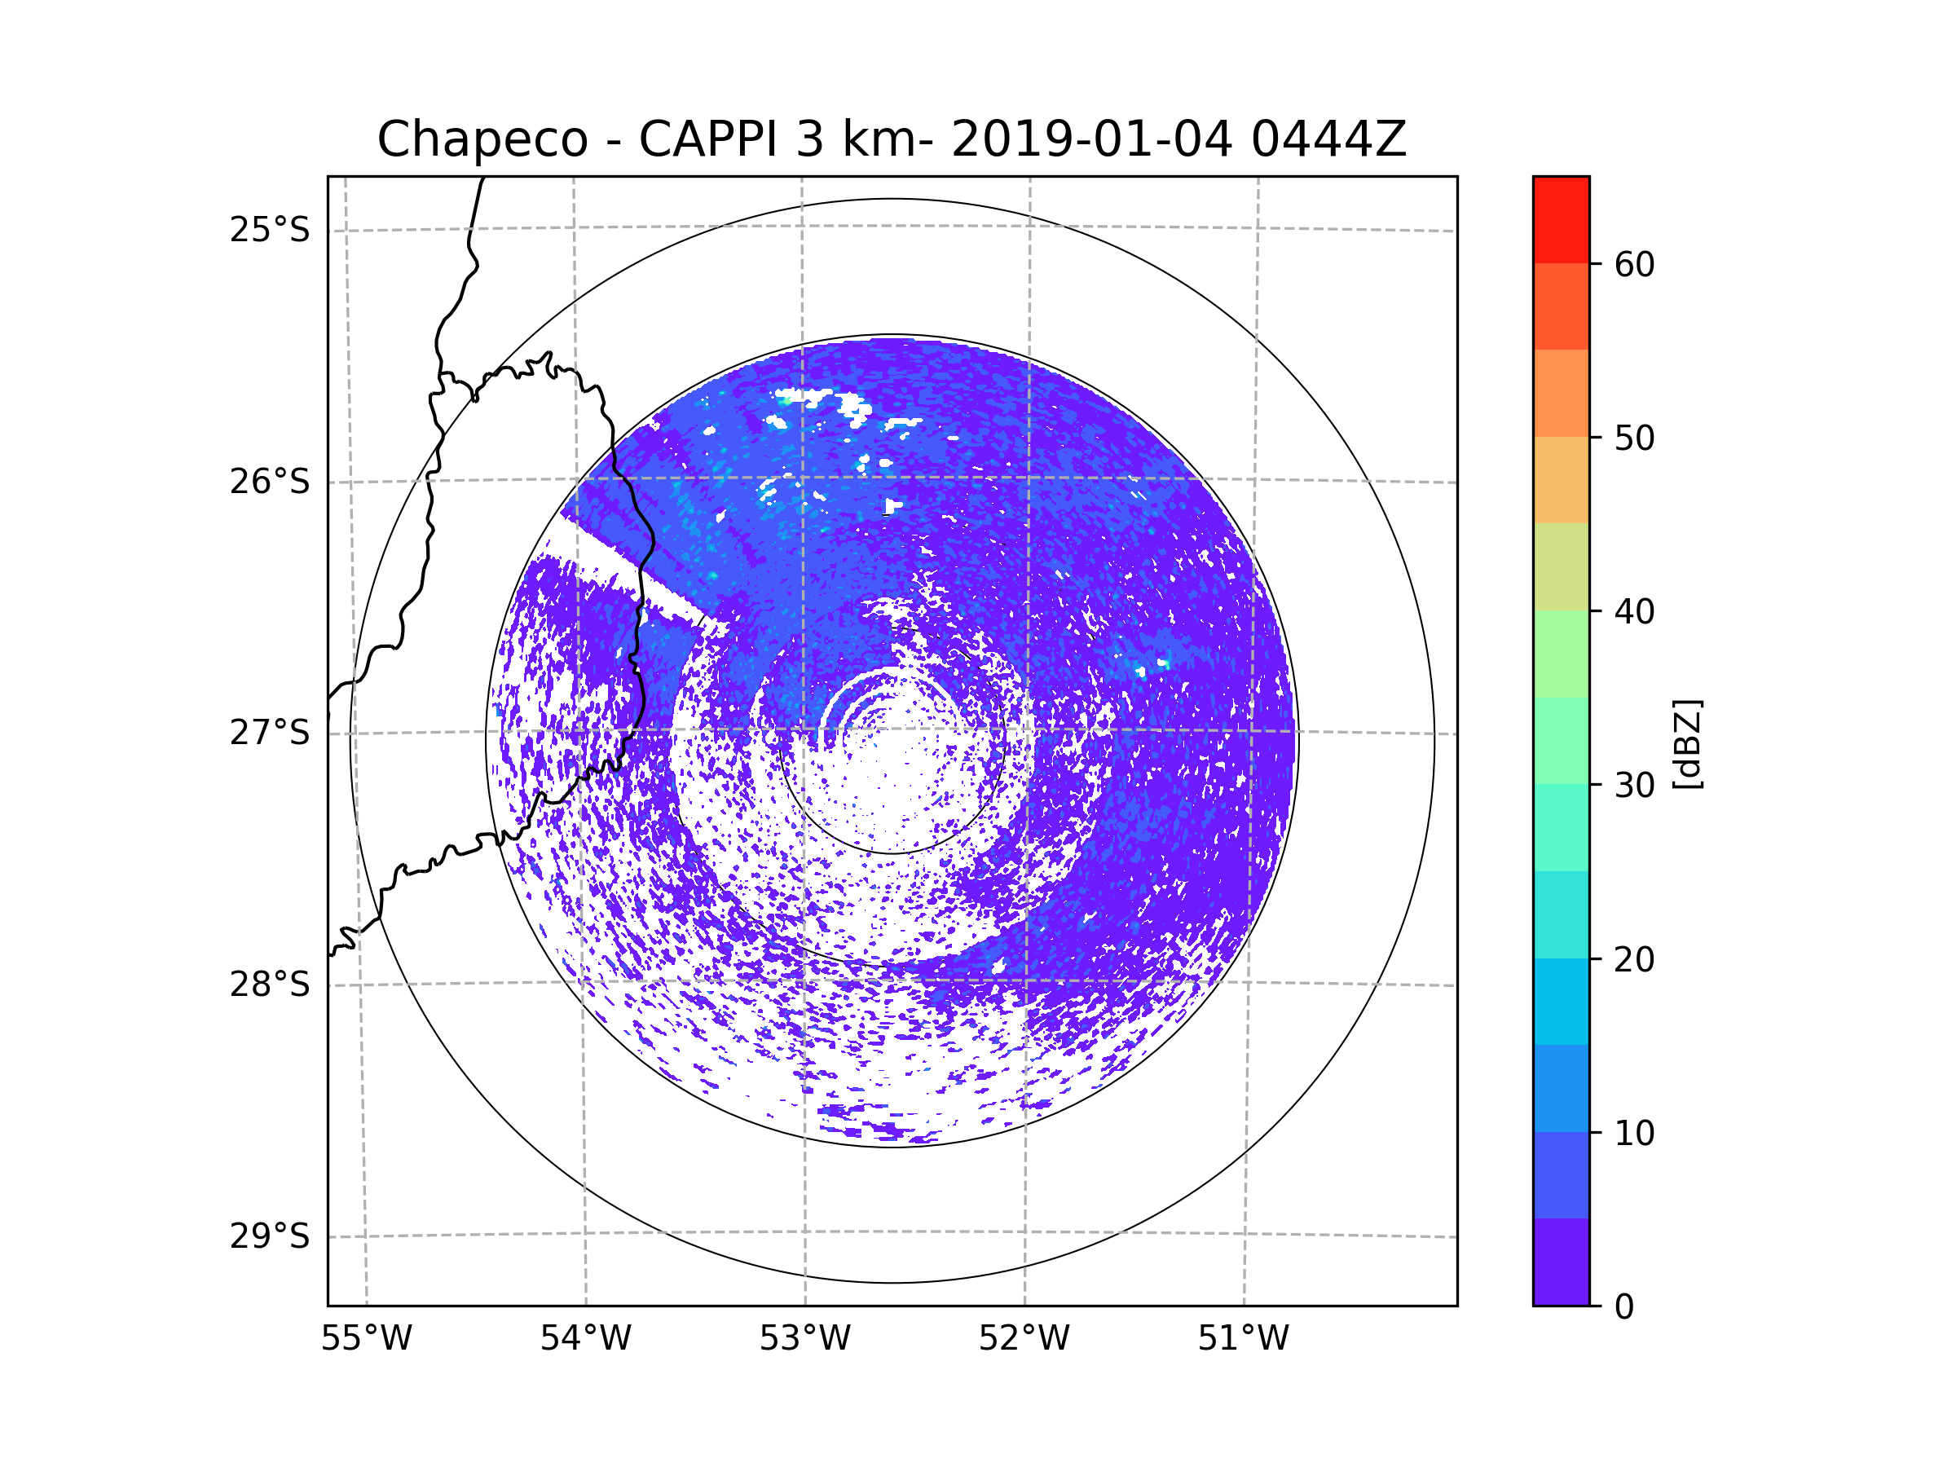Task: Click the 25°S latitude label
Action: pyautogui.click(x=270, y=230)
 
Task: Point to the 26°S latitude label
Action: pyautogui.click(x=270, y=482)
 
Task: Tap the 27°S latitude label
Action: pyautogui.click(x=270, y=733)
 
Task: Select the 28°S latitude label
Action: pyautogui.click(x=270, y=985)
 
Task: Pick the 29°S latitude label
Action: pyautogui.click(x=270, y=1236)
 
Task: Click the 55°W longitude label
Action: pyautogui.click(x=366, y=1339)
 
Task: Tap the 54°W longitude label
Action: pyautogui.click(x=585, y=1339)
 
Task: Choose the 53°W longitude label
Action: pyautogui.click(x=804, y=1339)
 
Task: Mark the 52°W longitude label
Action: pyautogui.click(x=1024, y=1339)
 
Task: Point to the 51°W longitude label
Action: pyautogui.click(x=1243, y=1339)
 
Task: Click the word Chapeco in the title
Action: pyautogui.click(x=482, y=139)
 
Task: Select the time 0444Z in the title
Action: pyautogui.click(x=1328, y=139)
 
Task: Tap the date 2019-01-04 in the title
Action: pyautogui.click(x=1091, y=139)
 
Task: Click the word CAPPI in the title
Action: pyautogui.click(x=707, y=139)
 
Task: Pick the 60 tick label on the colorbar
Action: pyautogui.click(x=1634, y=264)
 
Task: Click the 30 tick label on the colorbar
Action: pyautogui.click(x=1634, y=785)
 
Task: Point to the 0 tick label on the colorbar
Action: pyautogui.click(x=1624, y=1307)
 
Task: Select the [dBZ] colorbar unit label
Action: pyautogui.click(x=1687, y=743)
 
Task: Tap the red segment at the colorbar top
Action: pyautogui.click(x=1561, y=219)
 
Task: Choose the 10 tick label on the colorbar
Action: pyautogui.click(x=1634, y=1133)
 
